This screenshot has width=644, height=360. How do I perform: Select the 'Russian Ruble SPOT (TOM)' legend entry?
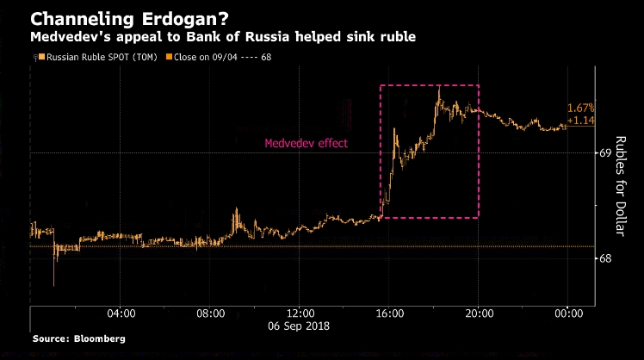point(84,58)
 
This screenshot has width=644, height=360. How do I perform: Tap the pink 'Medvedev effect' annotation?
point(306,144)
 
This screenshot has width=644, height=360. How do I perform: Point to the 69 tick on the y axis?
point(605,153)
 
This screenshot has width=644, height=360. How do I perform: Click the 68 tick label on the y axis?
point(605,258)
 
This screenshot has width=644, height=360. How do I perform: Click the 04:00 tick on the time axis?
point(121,313)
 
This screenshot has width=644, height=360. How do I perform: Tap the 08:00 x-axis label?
point(210,313)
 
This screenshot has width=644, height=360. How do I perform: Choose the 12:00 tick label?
point(300,313)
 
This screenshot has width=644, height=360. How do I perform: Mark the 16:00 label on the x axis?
point(389,313)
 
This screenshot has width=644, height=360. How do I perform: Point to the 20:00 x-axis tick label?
point(479,313)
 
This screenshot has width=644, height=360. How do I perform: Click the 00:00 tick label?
point(568,313)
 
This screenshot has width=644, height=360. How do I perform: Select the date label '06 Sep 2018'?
point(300,326)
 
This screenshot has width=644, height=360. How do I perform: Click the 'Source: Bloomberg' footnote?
point(78,339)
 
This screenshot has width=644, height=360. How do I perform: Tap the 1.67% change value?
point(581,109)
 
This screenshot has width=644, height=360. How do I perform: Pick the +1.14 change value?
point(581,120)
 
